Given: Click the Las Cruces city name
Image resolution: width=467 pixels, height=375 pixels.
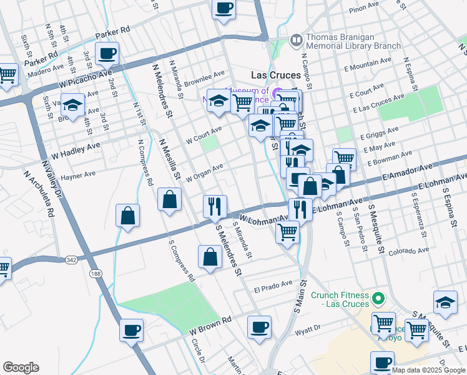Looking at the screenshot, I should (275, 74).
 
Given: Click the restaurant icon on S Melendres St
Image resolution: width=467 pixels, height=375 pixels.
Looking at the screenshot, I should (215, 206).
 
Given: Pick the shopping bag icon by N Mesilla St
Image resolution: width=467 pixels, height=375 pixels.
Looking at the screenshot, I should (170, 200).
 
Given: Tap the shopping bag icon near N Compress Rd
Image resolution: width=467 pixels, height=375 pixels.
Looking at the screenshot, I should (127, 216).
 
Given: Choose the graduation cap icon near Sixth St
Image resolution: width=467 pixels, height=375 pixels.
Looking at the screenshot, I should (73, 106).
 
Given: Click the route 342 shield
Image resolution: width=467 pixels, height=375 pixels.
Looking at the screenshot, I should (70, 259).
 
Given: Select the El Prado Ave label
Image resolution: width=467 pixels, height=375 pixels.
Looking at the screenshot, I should (273, 287).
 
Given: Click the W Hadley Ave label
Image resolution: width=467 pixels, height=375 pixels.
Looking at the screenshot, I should (76, 149).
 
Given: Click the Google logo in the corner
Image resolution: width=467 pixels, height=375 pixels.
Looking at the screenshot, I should (21, 367).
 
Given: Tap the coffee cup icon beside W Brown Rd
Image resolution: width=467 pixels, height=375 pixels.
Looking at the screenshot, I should (131, 330).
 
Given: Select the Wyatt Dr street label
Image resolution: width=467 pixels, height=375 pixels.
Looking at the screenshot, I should (308, 327).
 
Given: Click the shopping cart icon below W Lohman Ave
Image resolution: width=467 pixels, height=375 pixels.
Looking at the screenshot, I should (287, 232).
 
